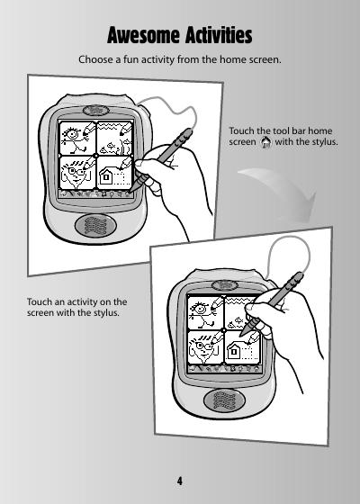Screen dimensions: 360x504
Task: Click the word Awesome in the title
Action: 144,35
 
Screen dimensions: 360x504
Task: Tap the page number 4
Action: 180,481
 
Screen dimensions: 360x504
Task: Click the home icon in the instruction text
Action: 265,142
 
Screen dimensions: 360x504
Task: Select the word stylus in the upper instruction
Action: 324,142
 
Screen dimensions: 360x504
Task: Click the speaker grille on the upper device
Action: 95,226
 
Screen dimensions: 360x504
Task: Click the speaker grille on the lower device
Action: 224,400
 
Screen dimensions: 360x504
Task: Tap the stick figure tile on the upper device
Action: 77,139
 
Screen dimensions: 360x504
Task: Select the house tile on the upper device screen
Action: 114,173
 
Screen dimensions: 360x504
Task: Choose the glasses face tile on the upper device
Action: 77,173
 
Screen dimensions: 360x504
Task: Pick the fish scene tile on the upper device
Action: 114,139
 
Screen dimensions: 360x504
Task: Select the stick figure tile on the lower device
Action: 206,313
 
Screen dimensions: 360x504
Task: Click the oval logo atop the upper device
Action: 95,110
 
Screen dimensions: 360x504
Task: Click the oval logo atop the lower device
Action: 225,284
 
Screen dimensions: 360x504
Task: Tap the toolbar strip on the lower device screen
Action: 224,369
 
